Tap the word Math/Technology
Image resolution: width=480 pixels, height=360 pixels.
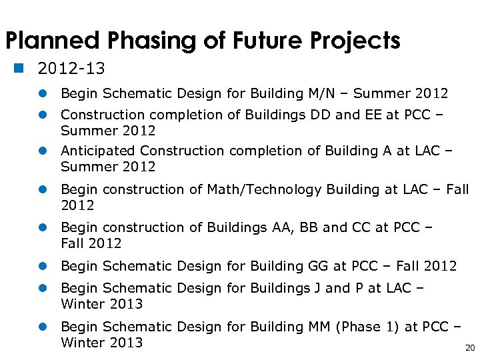(264, 189)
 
